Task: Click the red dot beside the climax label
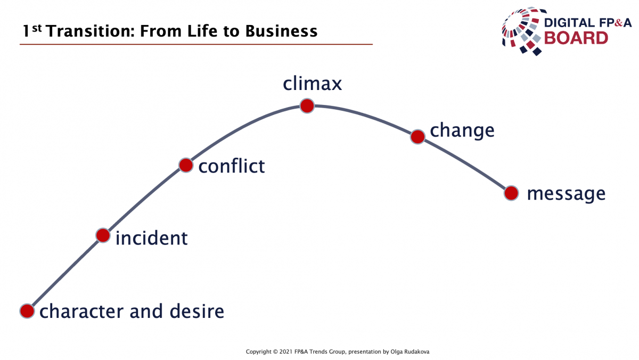click(x=307, y=106)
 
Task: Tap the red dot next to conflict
click(x=186, y=165)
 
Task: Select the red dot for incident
click(x=103, y=235)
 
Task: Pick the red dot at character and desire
click(x=27, y=311)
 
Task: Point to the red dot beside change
click(x=417, y=137)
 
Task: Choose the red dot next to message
click(x=511, y=193)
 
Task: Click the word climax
click(x=313, y=84)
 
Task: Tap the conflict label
click(x=232, y=166)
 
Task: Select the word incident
click(x=151, y=238)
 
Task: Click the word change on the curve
click(x=462, y=131)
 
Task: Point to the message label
click(x=566, y=194)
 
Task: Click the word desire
click(x=197, y=311)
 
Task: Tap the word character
click(x=81, y=312)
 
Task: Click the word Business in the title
click(x=281, y=31)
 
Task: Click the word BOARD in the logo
click(x=576, y=38)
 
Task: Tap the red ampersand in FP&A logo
click(x=618, y=23)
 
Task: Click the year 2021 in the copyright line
click(x=286, y=351)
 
